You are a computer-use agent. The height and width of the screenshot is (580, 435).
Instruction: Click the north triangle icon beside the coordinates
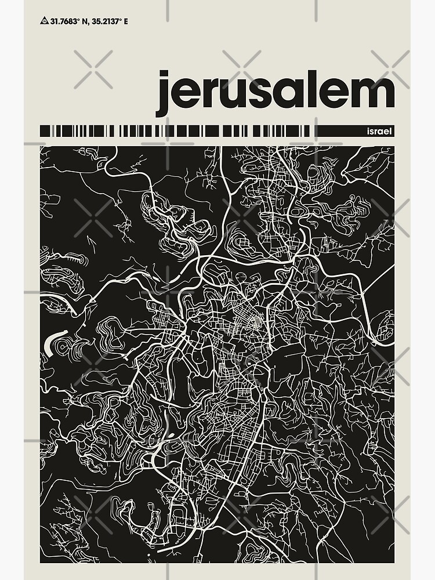[x=44, y=21]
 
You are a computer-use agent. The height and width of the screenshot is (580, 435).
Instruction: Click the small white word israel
[x=380, y=132]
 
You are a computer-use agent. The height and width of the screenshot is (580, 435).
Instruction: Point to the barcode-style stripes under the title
[x=174, y=131]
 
